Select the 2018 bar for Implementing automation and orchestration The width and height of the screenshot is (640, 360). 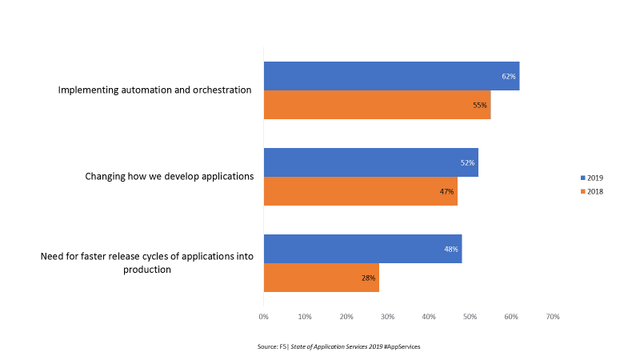click(x=376, y=105)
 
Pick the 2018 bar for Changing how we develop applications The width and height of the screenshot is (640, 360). click(x=360, y=191)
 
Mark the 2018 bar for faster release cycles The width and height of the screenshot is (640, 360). click(x=320, y=278)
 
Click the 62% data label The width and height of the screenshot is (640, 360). click(x=509, y=77)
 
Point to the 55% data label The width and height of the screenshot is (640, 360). click(x=480, y=106)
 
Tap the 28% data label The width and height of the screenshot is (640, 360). click(x=368, y=278)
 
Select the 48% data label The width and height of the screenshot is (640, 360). click(x=451, y=250)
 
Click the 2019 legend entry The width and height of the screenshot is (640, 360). click(x=592, y=177)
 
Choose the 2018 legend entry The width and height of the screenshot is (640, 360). click(x=592, y=192)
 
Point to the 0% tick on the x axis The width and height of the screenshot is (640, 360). click(x=264, y=318)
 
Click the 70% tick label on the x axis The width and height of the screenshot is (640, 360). click(x=552, y=318)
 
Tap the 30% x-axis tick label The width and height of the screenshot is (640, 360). click(x=387, y=318)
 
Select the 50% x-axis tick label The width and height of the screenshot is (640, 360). click(x=470, y=318)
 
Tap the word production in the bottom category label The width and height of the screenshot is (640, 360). click(x=147, y=270)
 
